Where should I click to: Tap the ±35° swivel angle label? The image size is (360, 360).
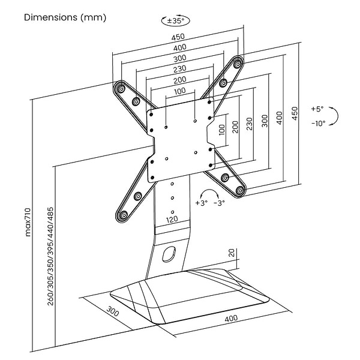pos(174,21)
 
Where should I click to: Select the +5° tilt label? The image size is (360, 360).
pos(317,109)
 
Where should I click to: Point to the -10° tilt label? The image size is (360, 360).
pos(318,123)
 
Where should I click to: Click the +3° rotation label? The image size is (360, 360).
pos(201,203)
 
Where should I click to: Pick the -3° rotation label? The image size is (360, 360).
pos(219,203)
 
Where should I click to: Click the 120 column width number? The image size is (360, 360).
pos(172,220)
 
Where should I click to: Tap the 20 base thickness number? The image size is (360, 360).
pos(232,254)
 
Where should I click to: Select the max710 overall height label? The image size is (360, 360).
pos(28,223)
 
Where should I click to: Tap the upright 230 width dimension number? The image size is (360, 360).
pos(179,69)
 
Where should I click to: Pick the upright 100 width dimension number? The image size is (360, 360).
pos(179,91)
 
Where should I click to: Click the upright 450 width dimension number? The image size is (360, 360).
pos(179,37)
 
